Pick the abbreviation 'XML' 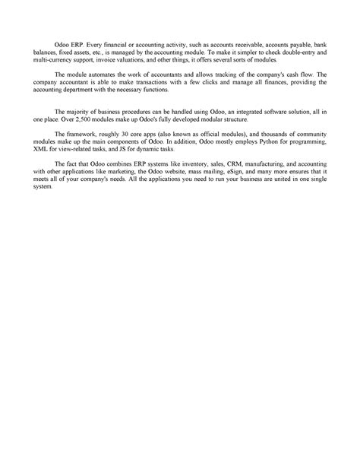click(x=40, y=150)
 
